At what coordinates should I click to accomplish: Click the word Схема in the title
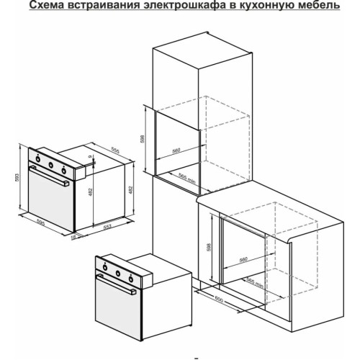46,5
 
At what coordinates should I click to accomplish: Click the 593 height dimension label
17,177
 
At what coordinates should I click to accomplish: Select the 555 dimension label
115,150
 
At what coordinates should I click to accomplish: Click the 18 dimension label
73,238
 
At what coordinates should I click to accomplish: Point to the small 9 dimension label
90,156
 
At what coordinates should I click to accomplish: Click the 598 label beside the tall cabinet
142,139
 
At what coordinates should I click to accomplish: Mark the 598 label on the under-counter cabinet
209,248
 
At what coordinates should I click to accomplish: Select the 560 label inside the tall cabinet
176,150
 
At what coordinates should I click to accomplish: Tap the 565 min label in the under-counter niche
255,284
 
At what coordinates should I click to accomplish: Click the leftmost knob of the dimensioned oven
37,158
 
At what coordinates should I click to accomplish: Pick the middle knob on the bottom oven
118,273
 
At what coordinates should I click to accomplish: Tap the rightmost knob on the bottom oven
131,279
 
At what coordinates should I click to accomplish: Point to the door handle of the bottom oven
116,285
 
